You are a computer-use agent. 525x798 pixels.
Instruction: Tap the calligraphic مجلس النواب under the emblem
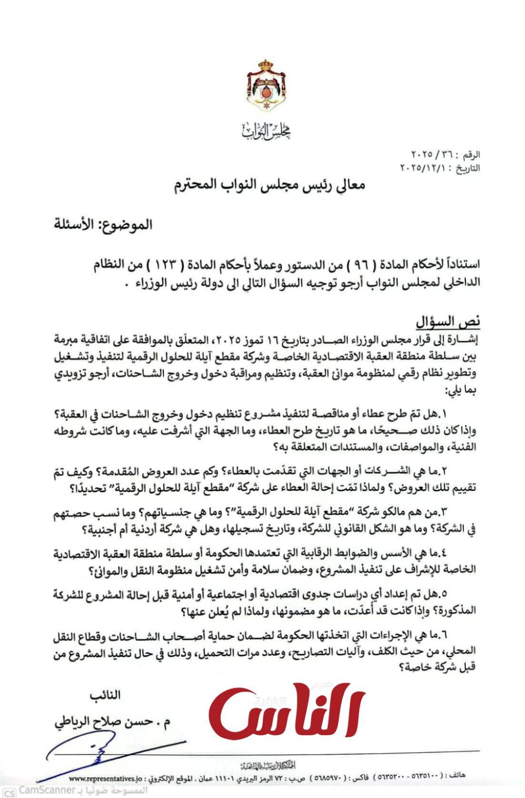pyautogui.click(x=266, y=131)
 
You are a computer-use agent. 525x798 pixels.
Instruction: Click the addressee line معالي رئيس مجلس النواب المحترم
pyautogui.click(x=269, y=185)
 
